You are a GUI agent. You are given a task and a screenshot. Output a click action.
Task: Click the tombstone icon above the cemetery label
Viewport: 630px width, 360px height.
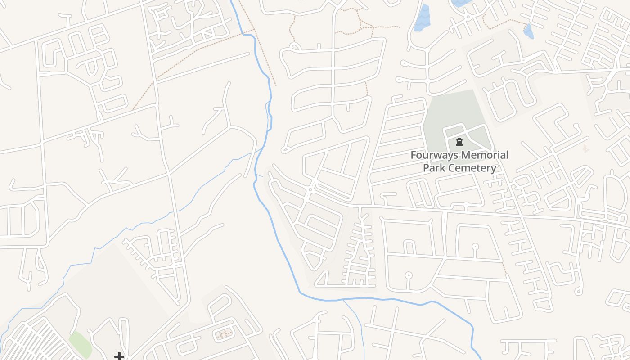(x=459, y=142)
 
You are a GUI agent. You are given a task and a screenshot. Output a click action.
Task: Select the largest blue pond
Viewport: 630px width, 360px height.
(x=422, y=18)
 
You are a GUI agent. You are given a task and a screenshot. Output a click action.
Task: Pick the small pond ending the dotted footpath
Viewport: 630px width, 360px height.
(x=529, y=31)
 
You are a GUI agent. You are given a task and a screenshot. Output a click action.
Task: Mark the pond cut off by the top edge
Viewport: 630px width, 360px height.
(x=459, y=3)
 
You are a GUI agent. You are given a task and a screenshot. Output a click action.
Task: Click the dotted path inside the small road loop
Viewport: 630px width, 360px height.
(x=223, y=334)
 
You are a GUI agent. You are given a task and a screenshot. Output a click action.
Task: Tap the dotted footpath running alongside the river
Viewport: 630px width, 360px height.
(x=265, y=58)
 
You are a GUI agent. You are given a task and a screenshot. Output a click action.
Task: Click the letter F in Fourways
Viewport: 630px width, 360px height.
(x=414, y=155)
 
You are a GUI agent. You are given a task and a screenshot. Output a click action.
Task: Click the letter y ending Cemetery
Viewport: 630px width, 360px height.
(x=493, y=169)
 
